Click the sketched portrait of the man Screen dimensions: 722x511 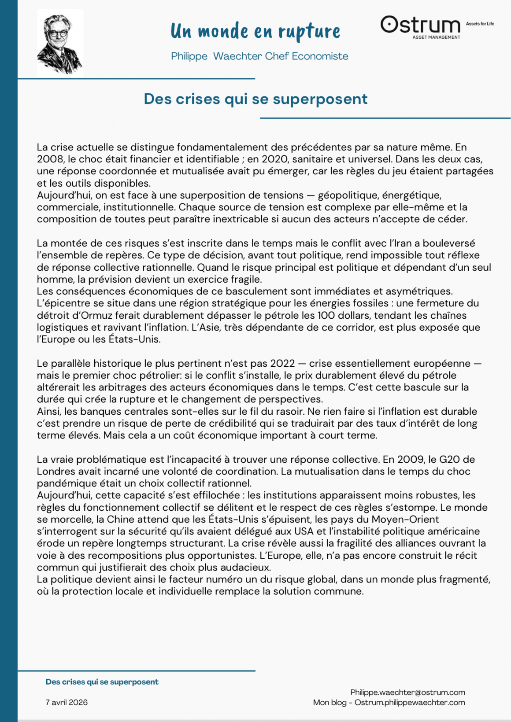(59, 43)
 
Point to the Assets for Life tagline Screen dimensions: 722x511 (480, 24)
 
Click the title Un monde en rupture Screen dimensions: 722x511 (255, 31)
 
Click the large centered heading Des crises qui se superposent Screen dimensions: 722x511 (255, 99)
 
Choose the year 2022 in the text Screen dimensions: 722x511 (282, 364)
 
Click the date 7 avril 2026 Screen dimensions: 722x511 (67, 703)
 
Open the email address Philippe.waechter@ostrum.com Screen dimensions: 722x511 (407, 693)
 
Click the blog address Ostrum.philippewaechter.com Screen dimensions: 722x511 (410, 703)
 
